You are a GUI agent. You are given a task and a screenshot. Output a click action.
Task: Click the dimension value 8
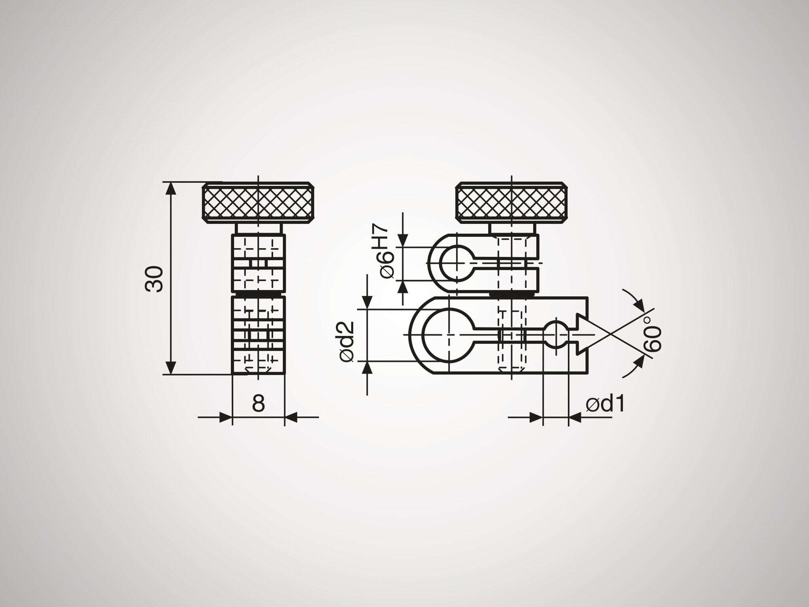pos(258,403)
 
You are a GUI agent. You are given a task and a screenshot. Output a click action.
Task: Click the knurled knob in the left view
pos(258,203)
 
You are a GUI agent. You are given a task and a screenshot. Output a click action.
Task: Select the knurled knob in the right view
pos(511,203)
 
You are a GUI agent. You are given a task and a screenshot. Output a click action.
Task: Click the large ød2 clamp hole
pos(449,335)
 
